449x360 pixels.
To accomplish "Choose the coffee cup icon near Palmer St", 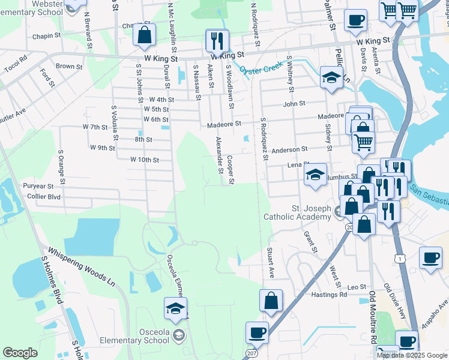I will point(355,20).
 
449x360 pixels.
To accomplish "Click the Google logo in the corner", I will point(19,352).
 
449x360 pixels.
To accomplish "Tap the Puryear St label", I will point(34,186).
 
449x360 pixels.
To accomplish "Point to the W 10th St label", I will point(145,160).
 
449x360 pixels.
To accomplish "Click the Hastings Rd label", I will point(329,295).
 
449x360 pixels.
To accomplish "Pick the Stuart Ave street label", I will point(271,265).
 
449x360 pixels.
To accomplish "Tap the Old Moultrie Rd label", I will point(373,319).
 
